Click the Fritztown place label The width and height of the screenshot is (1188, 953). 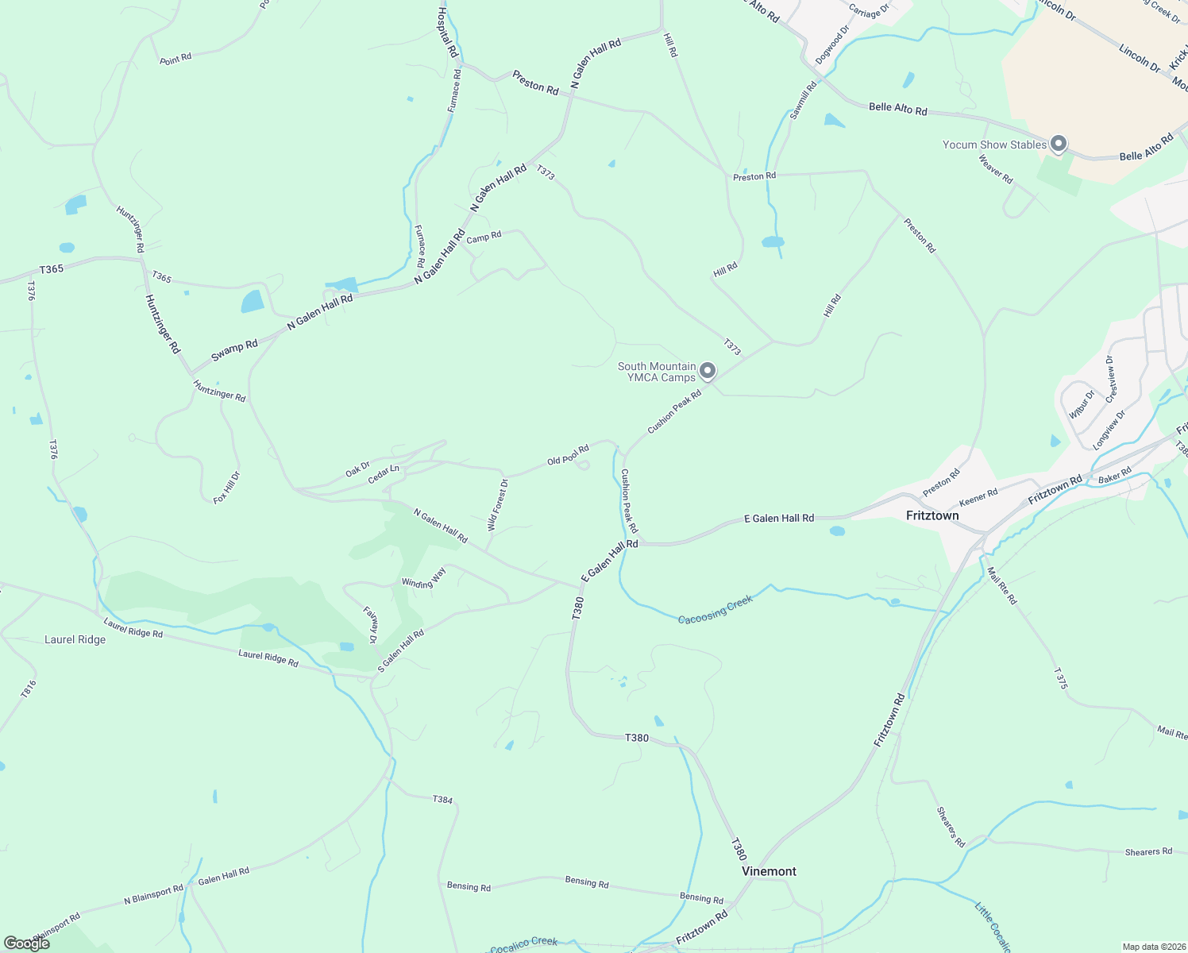(932, 515)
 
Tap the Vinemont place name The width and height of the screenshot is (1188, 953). (769, 871)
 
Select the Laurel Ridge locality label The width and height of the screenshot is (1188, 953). (75, 639)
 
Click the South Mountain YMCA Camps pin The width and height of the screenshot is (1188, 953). (707, 370)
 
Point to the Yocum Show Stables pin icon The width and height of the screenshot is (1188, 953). (1058, 144)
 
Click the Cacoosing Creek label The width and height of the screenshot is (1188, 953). (715, 609)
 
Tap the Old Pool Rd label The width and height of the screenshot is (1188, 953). (568, 455)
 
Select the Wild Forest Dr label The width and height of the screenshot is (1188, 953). (497, 505)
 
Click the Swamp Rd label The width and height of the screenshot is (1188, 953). (234, 351)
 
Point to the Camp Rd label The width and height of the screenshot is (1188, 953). (484, 237)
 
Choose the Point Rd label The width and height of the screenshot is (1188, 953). (175, 59)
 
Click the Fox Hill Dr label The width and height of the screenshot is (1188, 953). (226, 488)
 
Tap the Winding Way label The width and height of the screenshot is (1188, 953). (423, 582)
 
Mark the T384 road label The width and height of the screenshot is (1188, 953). (443, 799)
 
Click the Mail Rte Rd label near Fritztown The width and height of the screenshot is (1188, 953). (1001, 586)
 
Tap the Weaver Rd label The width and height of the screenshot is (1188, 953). (995, 169)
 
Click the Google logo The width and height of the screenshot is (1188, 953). (26, 943)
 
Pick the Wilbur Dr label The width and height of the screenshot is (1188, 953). (1082, 404)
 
